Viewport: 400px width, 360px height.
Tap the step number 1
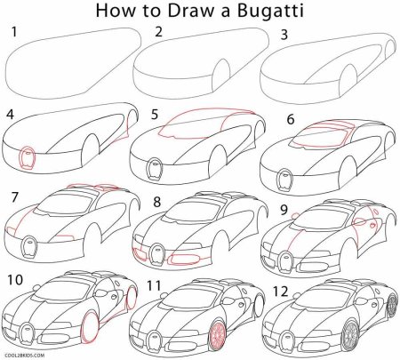pyautogui.click(x=12, y=34)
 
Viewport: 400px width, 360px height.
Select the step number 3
pyautogui.click(x=284, y=34)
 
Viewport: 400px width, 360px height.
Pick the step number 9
pyautogui.click(x=284, y=211)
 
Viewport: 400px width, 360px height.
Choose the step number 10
pyautogui.click(x=14, y=279)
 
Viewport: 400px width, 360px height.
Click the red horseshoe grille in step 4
pyautogui.click(x=28, y=157)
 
